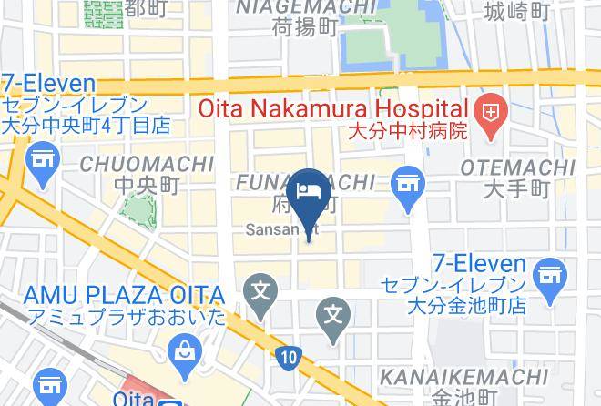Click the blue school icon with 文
point(261,293)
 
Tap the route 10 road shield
point(289,358)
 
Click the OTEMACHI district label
point(517,168)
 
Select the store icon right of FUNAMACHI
point(407,185)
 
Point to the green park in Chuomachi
point(137,208)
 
